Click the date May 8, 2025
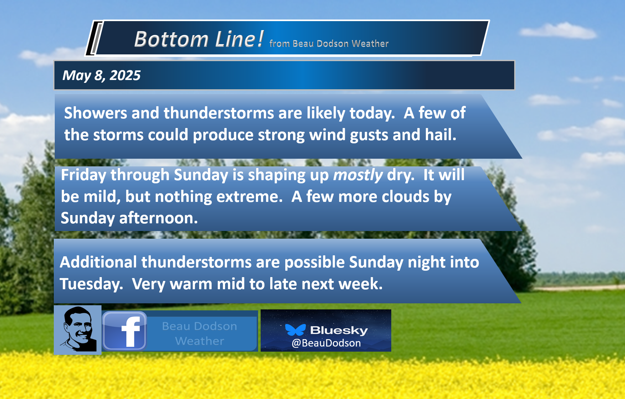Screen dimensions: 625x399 (x=101, y=76)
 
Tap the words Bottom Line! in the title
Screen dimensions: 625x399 (x=199, y=39)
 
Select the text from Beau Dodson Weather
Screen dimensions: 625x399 (x=329, y=44)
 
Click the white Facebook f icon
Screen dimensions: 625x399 (x=131, y=332)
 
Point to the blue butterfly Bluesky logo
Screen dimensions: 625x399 (x=295, y=330)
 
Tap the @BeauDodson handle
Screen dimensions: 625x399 (x=326, y=343)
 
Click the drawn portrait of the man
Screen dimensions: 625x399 (x=78, y=330)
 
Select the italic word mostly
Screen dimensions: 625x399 (x=358, y=175)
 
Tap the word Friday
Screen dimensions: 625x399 (x=83, y=175)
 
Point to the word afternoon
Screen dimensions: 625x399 (x=158, y=218)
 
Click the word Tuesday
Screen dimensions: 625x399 (x=91, y=284)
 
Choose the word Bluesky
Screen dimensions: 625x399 (x=339, y=330)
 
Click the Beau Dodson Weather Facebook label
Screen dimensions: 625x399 (x=199, y=333)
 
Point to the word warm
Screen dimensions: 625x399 (x=191, y=284)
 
